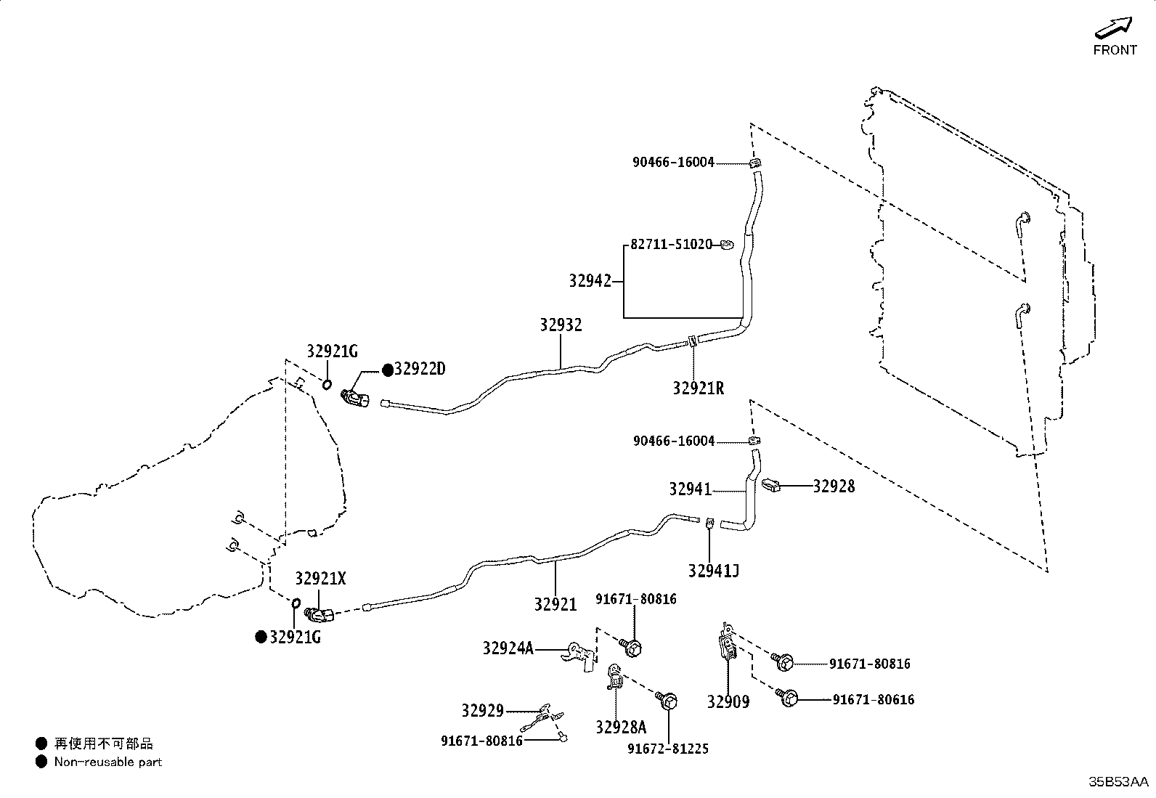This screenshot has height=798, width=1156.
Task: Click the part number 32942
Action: [590, 281]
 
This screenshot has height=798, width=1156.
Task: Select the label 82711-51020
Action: [672, 244]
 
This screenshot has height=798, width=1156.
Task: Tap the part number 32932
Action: [561, 325]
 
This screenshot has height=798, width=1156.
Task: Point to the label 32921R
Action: [699, 388]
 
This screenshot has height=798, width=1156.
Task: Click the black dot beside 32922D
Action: [388, 370]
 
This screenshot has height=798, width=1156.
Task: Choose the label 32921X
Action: [320, 579]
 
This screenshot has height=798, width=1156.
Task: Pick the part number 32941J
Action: [714, 571]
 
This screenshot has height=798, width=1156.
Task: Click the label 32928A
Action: [621, 728]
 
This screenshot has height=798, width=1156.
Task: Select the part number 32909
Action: [728, 702]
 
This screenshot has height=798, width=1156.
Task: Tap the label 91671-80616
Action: [874, 700]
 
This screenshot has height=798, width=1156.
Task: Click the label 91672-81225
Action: [668, 749]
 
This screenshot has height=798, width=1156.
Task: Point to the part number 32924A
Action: [508, 648]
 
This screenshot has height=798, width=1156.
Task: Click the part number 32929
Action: [483, 711]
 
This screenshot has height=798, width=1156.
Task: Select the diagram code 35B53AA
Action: [1118, 782]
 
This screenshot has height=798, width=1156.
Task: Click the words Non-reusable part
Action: [108, 762]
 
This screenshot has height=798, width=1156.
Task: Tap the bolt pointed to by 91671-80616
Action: [787, 697]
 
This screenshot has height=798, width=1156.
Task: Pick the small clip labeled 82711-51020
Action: [727, 244]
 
